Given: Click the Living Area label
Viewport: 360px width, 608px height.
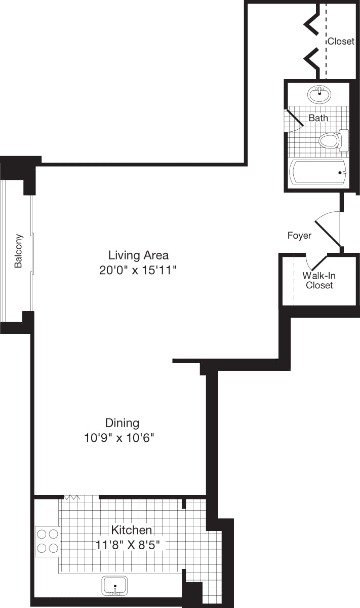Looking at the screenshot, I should pyautogui.click(x=138, y=255).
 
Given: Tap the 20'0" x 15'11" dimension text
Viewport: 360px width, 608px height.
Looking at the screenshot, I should pyautogui.click(x=138, y=270).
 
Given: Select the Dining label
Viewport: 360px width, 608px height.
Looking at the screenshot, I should pyautogui.click(x=122, y=423).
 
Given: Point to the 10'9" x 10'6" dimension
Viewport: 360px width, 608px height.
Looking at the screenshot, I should pyautogui.click(x=119, y=438).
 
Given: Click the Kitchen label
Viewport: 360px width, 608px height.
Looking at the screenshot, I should pyautogui.click(x=131, y=530).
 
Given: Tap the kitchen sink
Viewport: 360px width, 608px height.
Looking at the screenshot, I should pyautogui.click(x=115, y=586).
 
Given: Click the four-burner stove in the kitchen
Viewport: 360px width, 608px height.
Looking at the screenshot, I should pyautogui.click(x=47, y=541).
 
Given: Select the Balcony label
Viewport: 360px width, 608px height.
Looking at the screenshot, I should pyautogui.click(x=19, y=251).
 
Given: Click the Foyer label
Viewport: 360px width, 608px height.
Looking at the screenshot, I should pyautogui.click(x=299, y=236).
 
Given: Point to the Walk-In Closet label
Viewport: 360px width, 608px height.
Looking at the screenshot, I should pyautogui.click(x=319, y=280).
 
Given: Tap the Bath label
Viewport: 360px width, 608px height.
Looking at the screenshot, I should pyautogui.click(x=318, y=118).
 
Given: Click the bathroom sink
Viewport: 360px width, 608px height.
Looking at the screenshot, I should pyautogui.click(x=319, y=93).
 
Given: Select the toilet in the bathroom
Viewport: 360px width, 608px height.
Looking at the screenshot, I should pyautogui.click(x=332, y=140).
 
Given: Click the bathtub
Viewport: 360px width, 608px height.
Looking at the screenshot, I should pyautogui.click(x=318, y=172).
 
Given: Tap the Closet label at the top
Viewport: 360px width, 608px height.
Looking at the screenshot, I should pyautogui.click(x=341, y=42).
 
